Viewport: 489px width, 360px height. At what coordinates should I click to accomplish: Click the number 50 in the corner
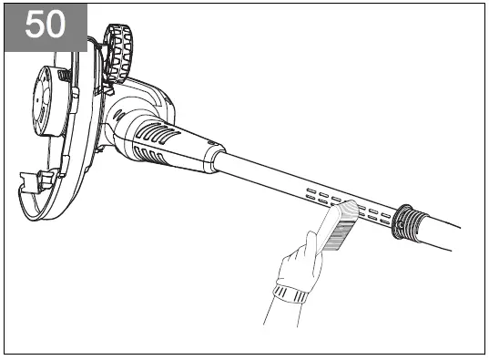pos(46,25)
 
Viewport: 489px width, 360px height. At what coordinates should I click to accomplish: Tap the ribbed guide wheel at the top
pos(117,53)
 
